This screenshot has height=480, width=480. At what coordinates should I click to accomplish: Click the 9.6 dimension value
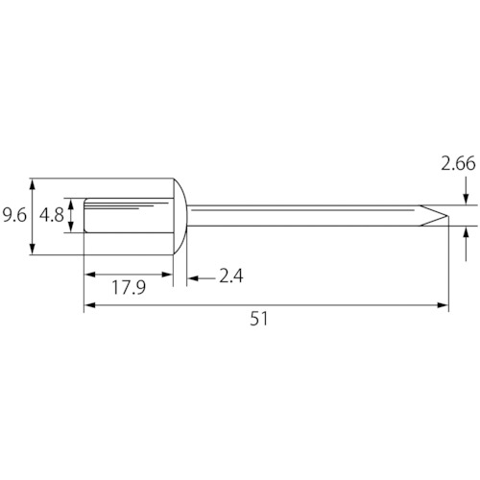tap(14, 215)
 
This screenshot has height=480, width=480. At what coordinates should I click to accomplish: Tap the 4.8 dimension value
tap(52, 215)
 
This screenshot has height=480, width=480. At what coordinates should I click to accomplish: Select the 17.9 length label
tap(129, 287)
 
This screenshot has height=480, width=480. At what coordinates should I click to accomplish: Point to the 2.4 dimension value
tap(231, 276)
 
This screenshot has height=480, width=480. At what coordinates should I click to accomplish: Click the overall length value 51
tap(259, 319)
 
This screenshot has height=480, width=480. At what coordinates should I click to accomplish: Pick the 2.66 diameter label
tap(458, 163)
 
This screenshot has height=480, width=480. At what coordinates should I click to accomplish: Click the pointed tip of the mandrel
tap(447, 216)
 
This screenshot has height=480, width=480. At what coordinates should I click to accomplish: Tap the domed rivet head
tap(180, 216)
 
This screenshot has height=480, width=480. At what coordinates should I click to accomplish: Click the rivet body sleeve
tap(129, 215)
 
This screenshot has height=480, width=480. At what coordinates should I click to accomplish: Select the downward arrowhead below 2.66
tap(466, 199)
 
